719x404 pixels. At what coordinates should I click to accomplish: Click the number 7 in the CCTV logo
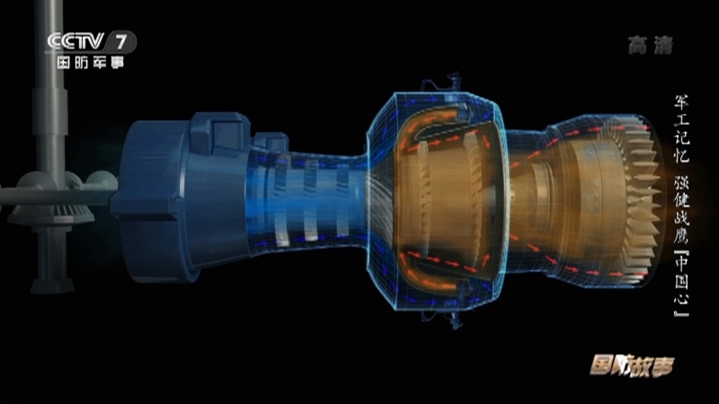click(120, 41)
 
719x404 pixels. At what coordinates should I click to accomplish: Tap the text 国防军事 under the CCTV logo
click(91, 62)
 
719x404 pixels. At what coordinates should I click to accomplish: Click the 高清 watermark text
click(650, 46)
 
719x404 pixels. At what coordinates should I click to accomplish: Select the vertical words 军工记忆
click(681, 128)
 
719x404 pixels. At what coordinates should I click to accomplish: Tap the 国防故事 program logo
click(632, 365)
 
